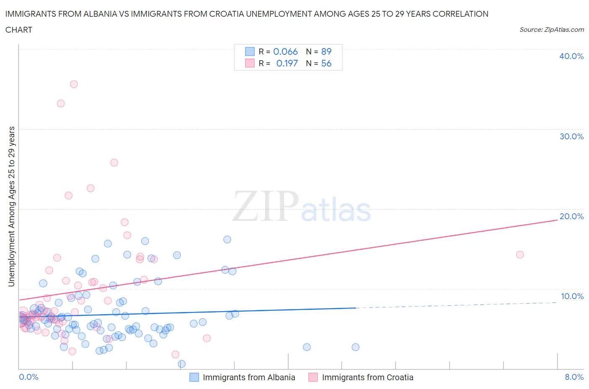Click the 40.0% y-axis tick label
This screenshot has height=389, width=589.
571,56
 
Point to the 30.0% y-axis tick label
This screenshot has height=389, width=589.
571,136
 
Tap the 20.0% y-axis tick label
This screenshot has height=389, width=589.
571,216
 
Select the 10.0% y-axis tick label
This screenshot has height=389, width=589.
572,296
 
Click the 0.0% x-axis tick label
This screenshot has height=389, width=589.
28,377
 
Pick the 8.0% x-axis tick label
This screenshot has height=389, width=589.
574,377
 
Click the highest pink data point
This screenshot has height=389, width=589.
74,84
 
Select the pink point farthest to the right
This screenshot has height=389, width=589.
520,255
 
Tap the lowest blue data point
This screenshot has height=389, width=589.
182,364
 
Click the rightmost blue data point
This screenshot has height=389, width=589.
355,347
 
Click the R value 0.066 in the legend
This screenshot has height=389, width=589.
285,51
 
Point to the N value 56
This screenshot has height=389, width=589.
326,63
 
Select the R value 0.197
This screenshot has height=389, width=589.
287,63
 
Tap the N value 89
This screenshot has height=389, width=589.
326,51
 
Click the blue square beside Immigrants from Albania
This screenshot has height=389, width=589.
194,377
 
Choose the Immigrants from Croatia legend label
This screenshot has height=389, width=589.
367,377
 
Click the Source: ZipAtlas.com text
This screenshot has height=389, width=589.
551,29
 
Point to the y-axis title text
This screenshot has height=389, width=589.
12,207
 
